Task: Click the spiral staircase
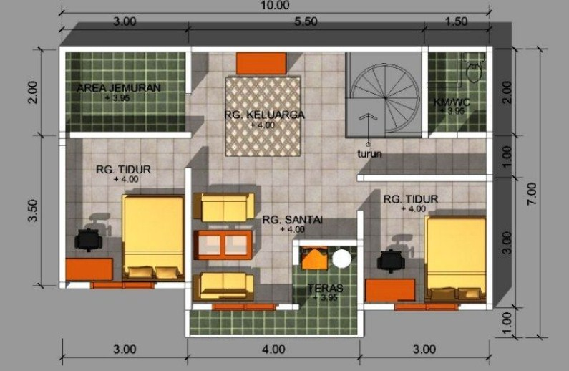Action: [x=385, y=98]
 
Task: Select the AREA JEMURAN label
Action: [x=119, y=88]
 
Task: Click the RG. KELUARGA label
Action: [x=264, y=115]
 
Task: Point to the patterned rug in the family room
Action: [x=263, y=117]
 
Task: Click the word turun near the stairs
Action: [x=369, y=154]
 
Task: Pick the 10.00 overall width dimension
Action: [x=275, y=5]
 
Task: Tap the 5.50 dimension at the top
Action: [x=306, y=21]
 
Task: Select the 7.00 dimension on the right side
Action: [x=532, y=194]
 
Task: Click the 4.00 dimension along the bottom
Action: [x=273, y=350]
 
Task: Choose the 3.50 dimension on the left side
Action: [x=33, y=211]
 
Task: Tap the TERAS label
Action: [x=326, y=289]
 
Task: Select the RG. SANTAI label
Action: [x=293, y=220]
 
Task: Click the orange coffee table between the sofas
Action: [x=223, y=245]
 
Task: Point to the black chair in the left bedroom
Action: [x=88, y=239]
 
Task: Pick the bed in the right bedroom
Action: [x=455, y=259]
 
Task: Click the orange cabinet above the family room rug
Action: [x=261, y=64]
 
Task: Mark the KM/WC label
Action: [x=452, y=102]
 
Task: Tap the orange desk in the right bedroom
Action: [x=390, y=290]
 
